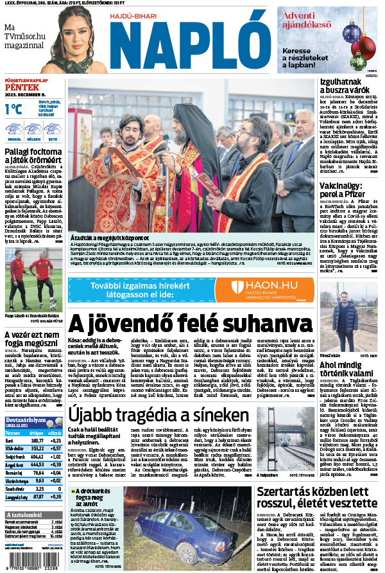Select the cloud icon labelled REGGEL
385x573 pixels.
coord(14,128)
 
